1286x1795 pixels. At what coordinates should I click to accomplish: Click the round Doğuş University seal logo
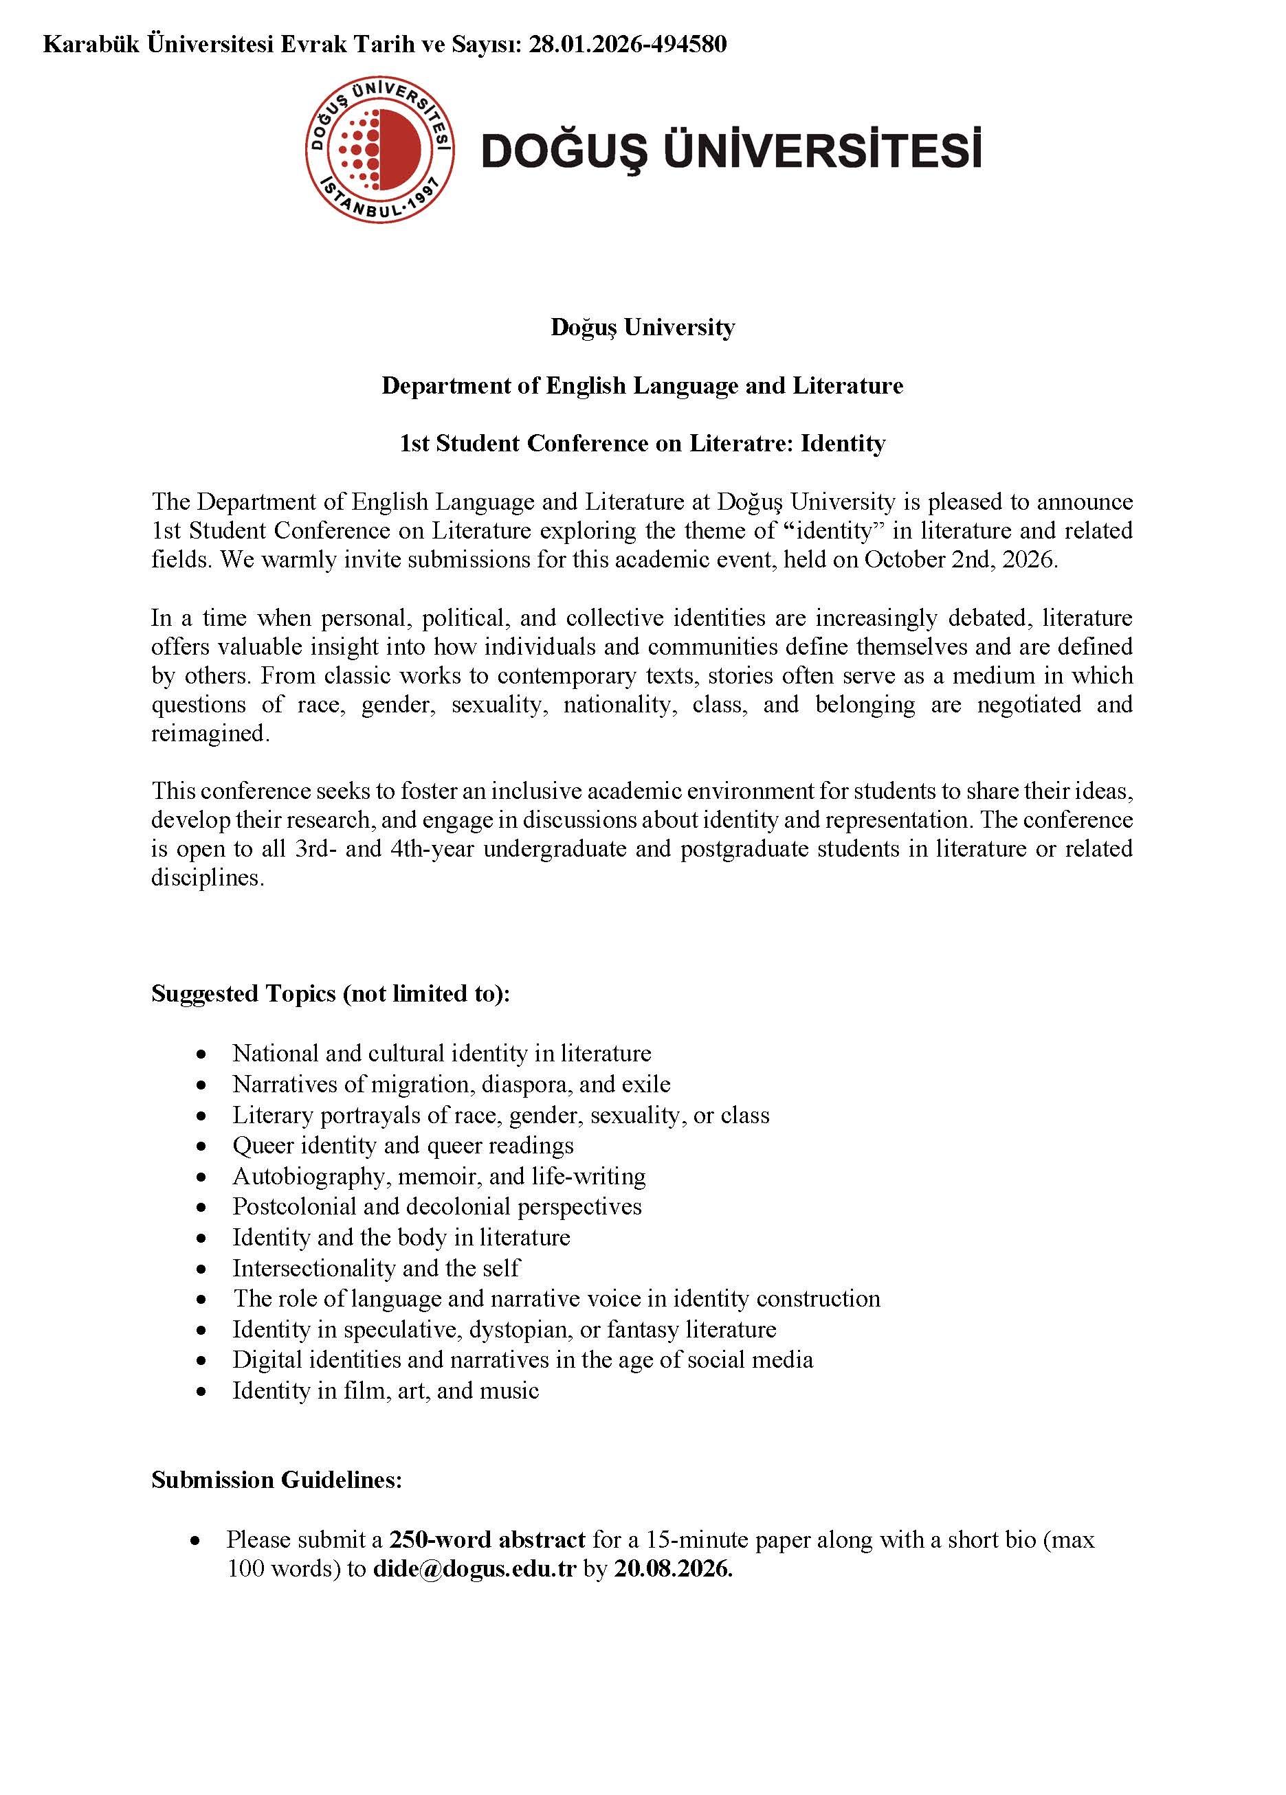coord(379,150)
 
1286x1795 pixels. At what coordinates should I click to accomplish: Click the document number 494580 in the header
coord(688,45)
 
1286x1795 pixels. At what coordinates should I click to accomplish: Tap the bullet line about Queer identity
coord(402,1145)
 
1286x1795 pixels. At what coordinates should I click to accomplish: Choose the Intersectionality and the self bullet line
coord(375,1268)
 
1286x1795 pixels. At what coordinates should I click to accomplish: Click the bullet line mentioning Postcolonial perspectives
coord(436,1206)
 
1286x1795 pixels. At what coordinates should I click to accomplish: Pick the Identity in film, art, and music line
coord(385,1390)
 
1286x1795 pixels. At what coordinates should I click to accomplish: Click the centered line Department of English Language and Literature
coord(642,385)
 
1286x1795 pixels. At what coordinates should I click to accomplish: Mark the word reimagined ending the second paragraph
coord(208,734)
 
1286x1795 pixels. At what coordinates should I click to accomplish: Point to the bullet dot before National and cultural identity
coord(202,1054)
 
